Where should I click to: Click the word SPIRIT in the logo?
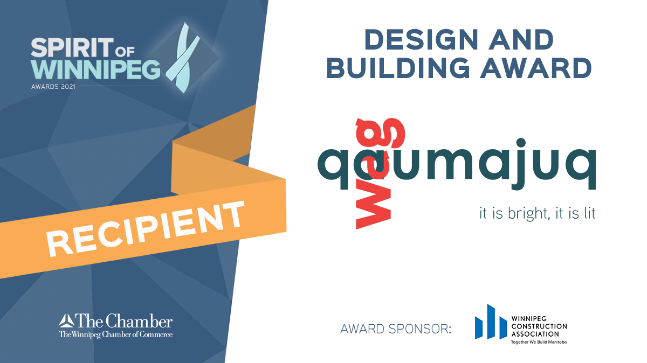[72, 47]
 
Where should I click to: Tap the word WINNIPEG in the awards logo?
[95, 69]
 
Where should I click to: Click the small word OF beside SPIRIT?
[125, 52]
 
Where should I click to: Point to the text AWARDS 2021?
[53, 87]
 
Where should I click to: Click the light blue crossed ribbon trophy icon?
[184, 58]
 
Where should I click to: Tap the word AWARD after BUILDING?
[536, 68]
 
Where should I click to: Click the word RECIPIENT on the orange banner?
[145, 228]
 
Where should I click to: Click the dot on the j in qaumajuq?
[521, 143]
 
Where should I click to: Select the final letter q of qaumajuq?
[581, 169]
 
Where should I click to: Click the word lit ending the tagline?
[589, 213]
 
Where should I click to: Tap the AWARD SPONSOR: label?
[396, 329]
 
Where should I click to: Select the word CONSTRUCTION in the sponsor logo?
[539, 326]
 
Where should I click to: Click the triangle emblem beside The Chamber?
[66, 320]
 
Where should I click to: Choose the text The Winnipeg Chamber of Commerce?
[115, 334]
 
